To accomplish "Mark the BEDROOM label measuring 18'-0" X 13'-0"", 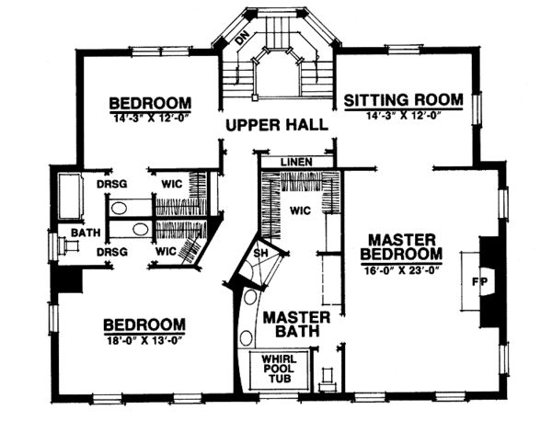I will click(144, 324).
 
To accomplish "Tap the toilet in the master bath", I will click(327, 377).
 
